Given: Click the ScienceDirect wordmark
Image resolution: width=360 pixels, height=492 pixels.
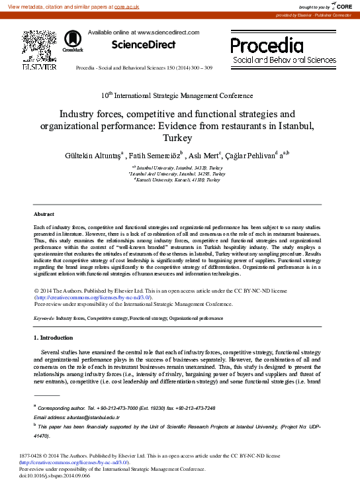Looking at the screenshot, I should click(144, 45).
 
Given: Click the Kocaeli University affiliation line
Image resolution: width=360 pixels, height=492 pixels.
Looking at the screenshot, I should click(179, 179).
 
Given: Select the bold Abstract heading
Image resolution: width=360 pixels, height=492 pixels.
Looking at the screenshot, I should click(44, 214).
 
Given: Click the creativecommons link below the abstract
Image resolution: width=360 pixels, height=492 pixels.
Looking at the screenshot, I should click(93, 297).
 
